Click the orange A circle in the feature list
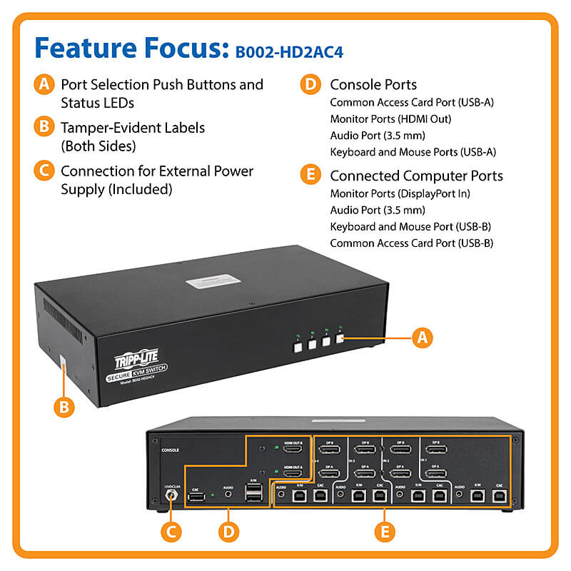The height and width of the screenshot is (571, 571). pyautogui.click(x=44, y=84)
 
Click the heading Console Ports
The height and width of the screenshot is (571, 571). pyautogui.click(x=373, y=84)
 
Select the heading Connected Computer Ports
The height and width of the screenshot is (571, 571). pyautogui.click(x=416, y=176)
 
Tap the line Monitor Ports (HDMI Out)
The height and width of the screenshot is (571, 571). pyautogui.click(x=390, y=119)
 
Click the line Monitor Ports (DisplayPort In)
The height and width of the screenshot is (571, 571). pyautogui.click(x=400, y=193)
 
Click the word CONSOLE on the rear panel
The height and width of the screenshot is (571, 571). pyautogui.click(x=171, y=450)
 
